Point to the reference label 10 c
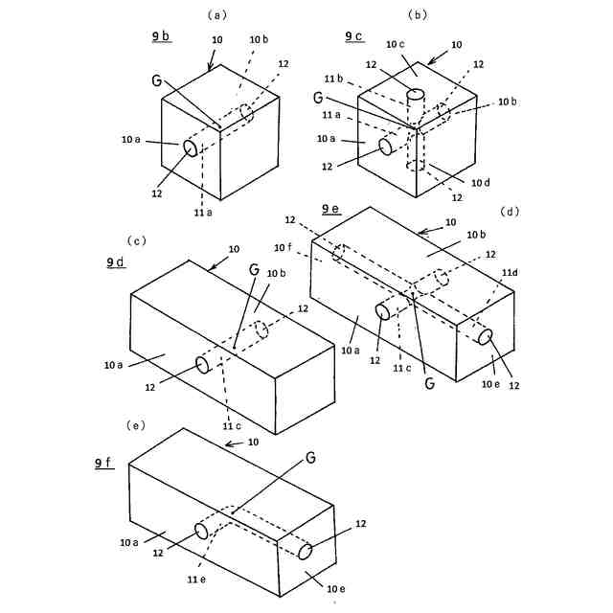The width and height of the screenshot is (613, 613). click(396, 44)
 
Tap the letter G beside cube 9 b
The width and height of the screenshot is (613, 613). click(156, 79)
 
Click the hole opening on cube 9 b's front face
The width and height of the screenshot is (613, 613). click(190, 148)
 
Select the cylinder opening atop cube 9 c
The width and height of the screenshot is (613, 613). click(415, 94)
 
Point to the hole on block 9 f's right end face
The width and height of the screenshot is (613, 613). click(306, 552)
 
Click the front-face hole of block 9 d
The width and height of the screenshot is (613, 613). click(202, 364)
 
